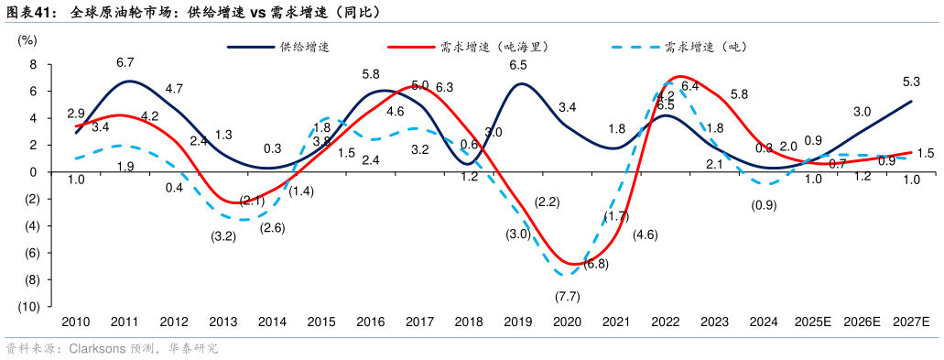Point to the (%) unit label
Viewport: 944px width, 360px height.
point(27,39)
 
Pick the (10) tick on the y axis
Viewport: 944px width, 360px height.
point(27,307)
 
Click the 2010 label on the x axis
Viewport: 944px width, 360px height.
point(75,322)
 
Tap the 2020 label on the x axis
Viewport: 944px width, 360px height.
point(567,322)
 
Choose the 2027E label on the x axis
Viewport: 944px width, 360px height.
point(910,322)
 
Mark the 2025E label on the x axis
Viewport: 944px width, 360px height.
point(812,322)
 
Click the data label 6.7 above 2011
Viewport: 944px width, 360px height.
point(125,62)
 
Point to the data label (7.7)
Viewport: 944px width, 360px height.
point(568,296)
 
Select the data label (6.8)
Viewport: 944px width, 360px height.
point(596,264)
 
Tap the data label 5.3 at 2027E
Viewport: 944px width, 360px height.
point(911,82)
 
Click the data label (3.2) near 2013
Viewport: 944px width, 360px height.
point(223,235)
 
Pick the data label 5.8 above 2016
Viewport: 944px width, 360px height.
point(371,74)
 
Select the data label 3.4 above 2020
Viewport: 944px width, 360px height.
point(567,107)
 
